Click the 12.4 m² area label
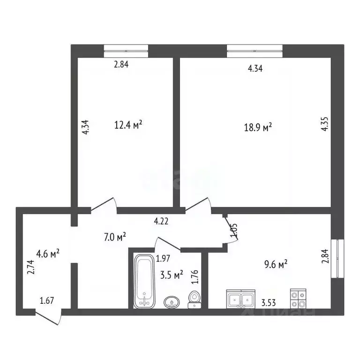point(128,125)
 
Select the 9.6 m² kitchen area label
point(276,265)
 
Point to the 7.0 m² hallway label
point(114,238)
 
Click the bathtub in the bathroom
point(144,281)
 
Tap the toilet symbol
point(194,300)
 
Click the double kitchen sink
point(241,298)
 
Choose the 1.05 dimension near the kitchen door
point(234,230)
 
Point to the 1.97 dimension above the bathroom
point(163,258)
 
